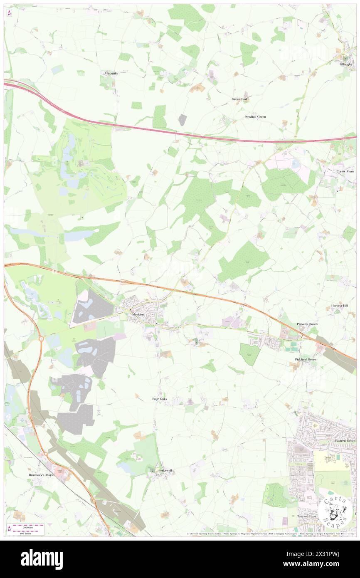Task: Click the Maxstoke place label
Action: tap(111, 73)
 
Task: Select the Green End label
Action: tap(239, 99)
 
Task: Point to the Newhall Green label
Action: tap(255, 117)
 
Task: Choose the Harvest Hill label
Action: tap(340, 306)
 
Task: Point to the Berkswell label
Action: tap(165, 471)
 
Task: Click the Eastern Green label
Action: tap(345, 441)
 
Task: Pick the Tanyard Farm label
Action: tap(307, 516)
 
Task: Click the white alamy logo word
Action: tap(42, 559)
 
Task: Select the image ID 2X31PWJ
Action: tap(319, 554)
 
